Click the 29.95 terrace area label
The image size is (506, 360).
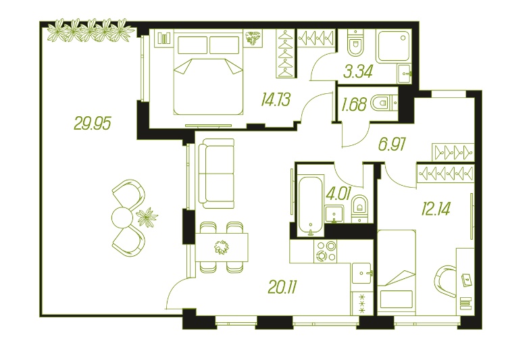pos(93,123)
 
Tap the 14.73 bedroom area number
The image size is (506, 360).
pos(276,99)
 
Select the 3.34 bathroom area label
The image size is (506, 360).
pos(358,72)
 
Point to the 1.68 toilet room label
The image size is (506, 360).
pos(354,104)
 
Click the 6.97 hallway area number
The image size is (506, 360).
pos(392,144)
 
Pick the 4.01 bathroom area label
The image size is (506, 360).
pos(338,195)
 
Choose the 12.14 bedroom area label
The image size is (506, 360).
pos(436,209)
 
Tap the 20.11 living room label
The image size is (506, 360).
pos(282,287)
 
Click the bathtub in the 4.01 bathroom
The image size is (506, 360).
pos(311,205)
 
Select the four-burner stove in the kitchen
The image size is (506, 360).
pos(326,251)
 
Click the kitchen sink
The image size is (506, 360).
pos(362,274)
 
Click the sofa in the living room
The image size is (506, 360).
pos(217,174)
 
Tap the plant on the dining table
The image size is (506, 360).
pos(222,247)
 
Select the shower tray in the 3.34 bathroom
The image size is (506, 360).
pos(394,46)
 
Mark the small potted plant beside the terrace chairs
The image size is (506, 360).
pos(147,217)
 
